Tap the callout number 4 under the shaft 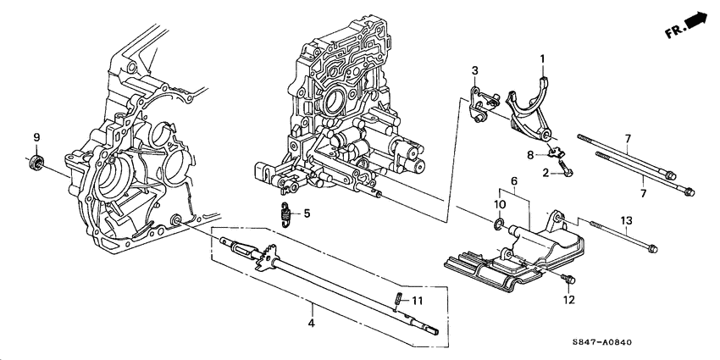311,324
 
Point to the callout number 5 306,213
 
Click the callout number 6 512,181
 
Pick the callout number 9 36,137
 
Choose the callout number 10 500,206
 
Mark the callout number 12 568,300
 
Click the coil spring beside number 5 287,215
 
